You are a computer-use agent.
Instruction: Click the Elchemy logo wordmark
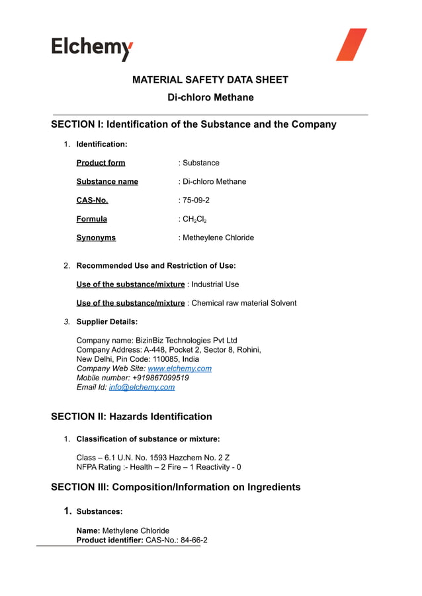92,48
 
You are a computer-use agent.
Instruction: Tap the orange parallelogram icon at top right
351,44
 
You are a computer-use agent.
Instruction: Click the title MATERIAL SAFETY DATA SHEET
210,80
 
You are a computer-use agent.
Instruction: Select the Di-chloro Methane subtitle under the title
210,98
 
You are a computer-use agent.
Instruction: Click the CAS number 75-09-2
196,200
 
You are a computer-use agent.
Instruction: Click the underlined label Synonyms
96,237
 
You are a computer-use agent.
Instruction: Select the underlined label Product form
101,163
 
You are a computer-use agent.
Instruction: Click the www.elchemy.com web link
179,368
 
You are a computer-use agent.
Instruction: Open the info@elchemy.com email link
142,387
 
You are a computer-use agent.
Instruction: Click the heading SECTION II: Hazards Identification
132,417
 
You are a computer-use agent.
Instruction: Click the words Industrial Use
215,284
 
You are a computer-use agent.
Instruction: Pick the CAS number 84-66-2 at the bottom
189,540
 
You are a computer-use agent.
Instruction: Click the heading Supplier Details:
107,321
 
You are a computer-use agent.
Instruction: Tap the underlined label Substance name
107,181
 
